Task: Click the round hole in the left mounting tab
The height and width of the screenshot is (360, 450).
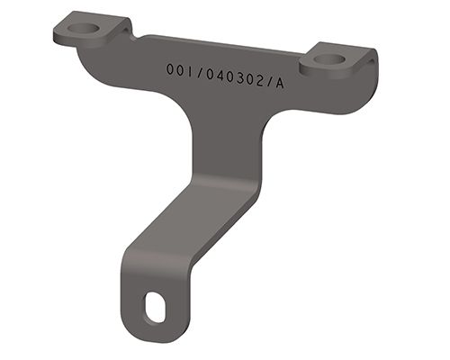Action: click(85, 28)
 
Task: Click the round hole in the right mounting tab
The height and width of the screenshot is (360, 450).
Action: click(332, 60)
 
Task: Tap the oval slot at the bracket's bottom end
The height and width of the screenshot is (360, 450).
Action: click(156, 307)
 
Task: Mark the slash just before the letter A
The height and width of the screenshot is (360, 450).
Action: click(267, 82)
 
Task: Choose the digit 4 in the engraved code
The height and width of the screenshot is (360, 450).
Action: click(216, 75)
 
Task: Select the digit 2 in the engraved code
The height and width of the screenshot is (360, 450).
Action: click(257, 80)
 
